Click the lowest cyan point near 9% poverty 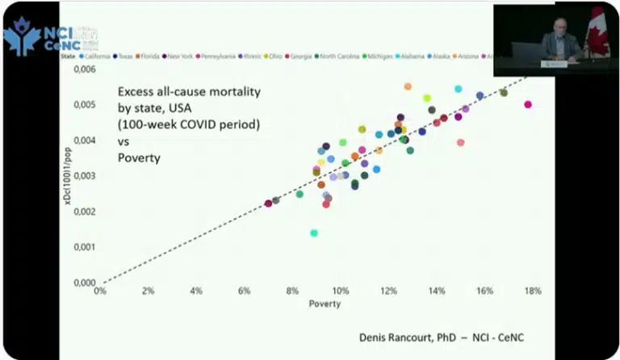point(314,233)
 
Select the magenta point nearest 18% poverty point(528,105)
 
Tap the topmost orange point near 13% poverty point(408,86)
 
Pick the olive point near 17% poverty point(504,93)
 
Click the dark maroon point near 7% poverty point(268,203)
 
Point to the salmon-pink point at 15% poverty point(460,143)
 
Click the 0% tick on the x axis point(100,291)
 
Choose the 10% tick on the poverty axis point(341,291)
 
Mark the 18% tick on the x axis point(532,291)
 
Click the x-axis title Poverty point(325,304)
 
